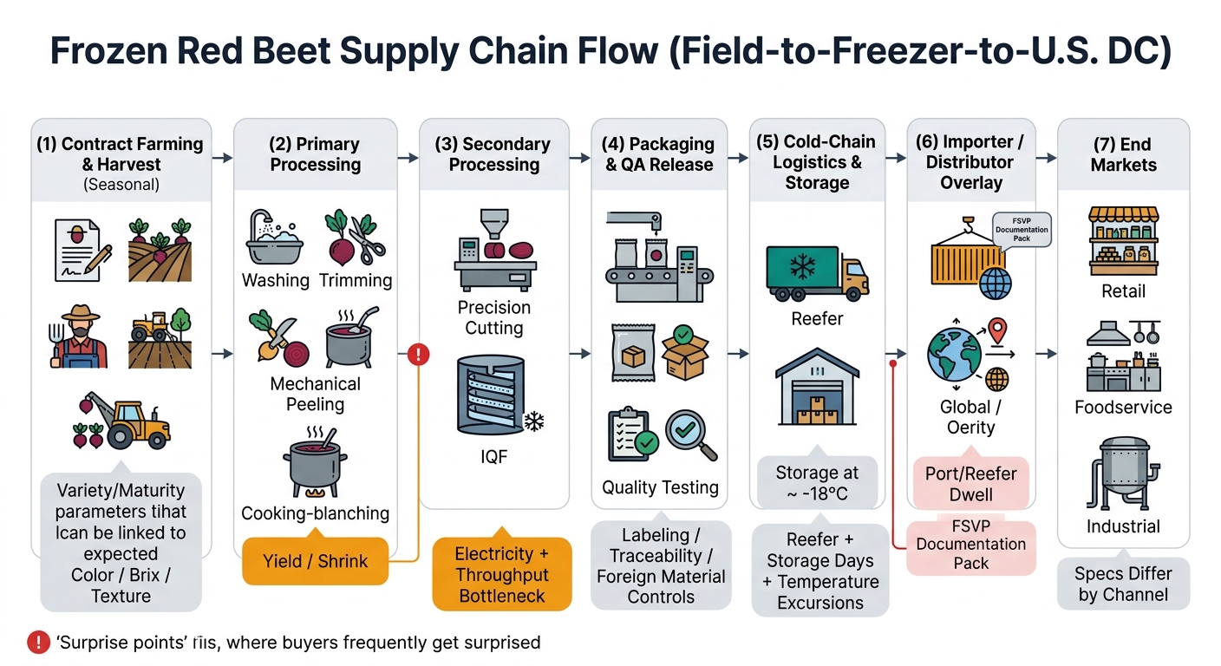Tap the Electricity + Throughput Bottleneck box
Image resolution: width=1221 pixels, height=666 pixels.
pyautogui.click(x=502, y=574)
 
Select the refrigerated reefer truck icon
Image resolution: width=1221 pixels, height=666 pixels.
pyautogui.click(x=816, y=268)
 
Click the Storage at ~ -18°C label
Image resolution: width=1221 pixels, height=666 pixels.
pyautogui.click(x=817, y=484)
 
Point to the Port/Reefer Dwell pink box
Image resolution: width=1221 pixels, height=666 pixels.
pyautogui.click(x=970, y=484)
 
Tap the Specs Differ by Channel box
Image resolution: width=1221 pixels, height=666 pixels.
pyautogui.click(x=1123, y=584)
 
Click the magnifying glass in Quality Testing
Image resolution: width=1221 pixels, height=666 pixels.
pyautogui.click(x=691, y=434)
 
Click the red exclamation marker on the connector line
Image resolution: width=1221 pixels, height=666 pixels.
pyautogui.click(x=418, y=354)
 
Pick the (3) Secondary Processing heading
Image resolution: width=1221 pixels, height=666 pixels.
pyautogui.click(x=493, y=154)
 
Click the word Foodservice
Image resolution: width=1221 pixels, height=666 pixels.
pyautogui.click(x=1123, y=408)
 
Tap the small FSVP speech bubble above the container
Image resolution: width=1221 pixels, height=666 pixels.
pyautogui.click(x=1022, y=230)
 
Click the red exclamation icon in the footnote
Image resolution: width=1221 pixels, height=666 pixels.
pyautogui.click(x=38, y=643)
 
